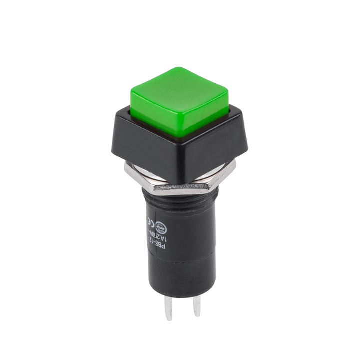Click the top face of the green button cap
click(179, 93)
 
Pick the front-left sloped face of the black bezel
click(145, 155)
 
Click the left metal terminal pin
click(169, 307)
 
